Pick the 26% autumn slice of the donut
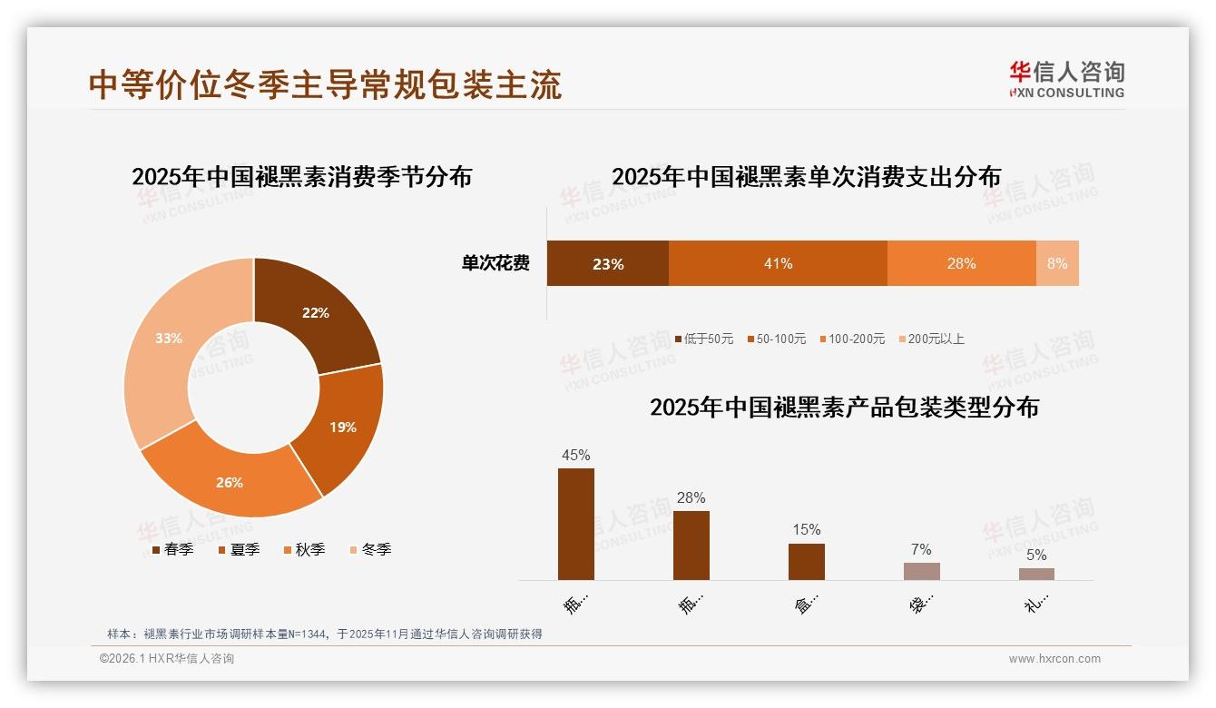coord(230,482)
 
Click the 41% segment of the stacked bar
coord(778,263)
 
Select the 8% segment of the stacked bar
coord(1057,263)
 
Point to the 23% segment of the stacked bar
coord(607,263)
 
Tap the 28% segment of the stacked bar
coord(961,263)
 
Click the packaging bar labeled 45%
coord(576,524)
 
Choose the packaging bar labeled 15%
coord(806,561)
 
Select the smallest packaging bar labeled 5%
coord(1036,574)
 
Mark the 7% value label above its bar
coord(921,549)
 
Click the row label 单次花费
coord(495,263)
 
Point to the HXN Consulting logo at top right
coord(1067,79)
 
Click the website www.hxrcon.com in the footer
coord(1054,659)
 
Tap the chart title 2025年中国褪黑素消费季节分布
coord(301,176)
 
